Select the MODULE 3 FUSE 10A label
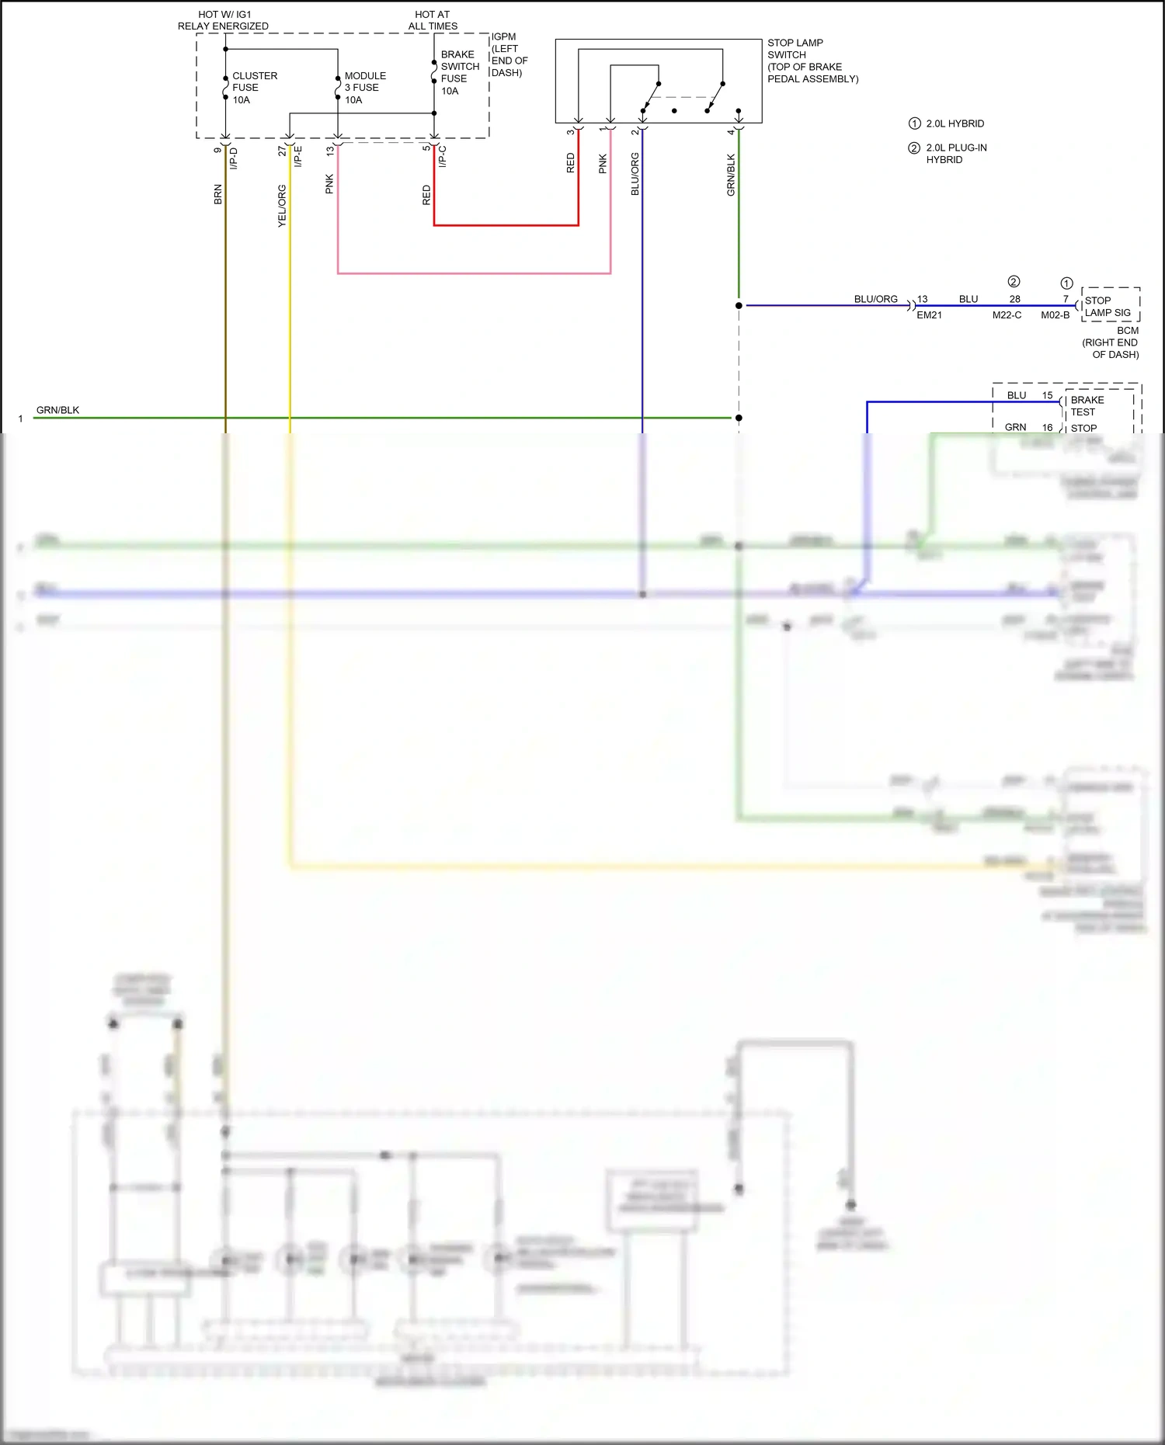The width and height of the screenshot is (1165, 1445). (x=364, y=88)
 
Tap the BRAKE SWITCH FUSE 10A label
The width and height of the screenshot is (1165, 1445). (x=459, y=73)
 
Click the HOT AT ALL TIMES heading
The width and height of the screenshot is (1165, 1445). (x=433, y=20)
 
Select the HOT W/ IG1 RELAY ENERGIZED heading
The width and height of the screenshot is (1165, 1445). (x=223, y=20)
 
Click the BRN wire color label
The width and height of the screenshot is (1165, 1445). (x=218, y=194)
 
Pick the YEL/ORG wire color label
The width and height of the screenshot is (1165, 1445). (x=282, y=206)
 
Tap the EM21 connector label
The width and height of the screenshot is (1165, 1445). (x=929, y=315)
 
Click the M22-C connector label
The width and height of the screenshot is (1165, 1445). (x=1007, y=315)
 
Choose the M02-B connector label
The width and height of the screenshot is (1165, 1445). (x=1055, y=315)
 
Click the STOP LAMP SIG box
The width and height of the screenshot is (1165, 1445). (x=1109, y=306)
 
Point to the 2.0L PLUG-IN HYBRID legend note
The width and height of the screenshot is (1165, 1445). (x=955, y=154)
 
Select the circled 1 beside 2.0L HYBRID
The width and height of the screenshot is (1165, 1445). (x=915, y=123)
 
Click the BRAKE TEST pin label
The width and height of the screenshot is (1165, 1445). (x=1087, y=406)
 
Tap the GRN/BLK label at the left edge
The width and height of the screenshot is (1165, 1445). (x=57, y=410)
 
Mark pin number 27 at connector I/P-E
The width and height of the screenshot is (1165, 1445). (x=282, y=151)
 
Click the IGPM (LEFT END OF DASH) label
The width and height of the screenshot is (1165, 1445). (x=509, y=54)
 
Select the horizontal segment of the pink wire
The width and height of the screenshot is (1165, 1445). (x=474, y=273)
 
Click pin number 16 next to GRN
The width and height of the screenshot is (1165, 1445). (x=1047, y=428)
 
